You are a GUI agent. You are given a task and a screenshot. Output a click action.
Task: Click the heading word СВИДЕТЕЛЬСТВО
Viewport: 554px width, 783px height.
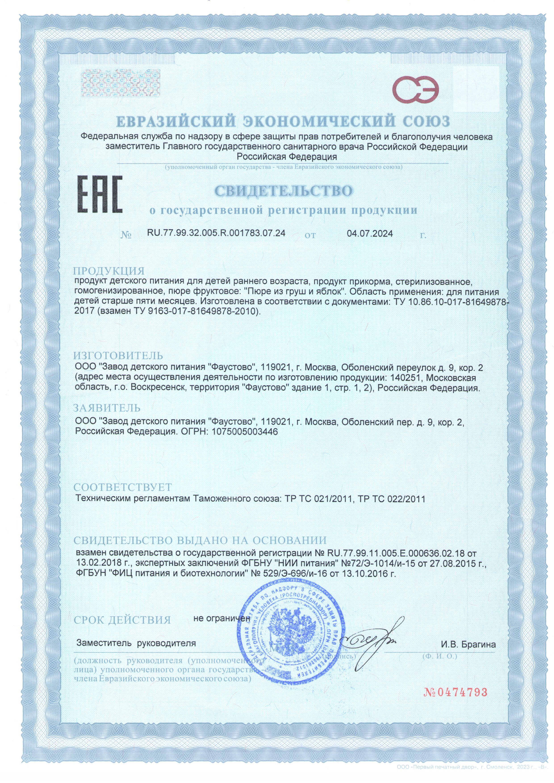coord(284,191)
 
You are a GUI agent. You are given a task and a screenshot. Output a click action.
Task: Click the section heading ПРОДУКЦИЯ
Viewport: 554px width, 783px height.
coord(109,271)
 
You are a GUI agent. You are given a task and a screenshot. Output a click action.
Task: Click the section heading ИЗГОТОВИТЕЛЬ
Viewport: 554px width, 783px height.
coord(118,356)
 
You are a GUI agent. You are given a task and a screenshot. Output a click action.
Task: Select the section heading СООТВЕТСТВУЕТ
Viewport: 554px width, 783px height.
coord(123,487)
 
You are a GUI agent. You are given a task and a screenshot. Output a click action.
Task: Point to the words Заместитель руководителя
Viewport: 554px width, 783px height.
coord(136,643)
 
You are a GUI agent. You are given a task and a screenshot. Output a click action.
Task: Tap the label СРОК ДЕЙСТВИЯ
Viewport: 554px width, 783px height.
coord(122,620)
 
